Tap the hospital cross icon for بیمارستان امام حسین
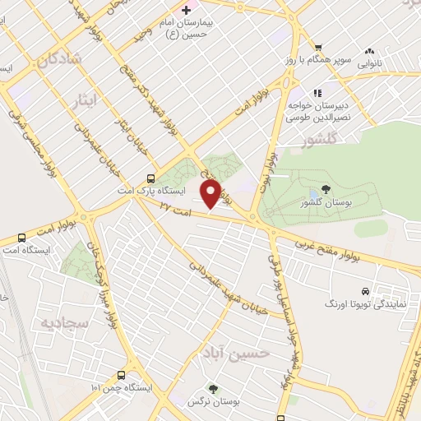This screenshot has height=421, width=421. (x=187, y=10)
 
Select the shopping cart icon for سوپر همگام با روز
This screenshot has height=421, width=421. (x=317, y=48)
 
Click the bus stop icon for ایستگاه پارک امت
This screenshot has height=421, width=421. (x=150, y=178)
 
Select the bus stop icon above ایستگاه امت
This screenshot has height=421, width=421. (x=21, y=238)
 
